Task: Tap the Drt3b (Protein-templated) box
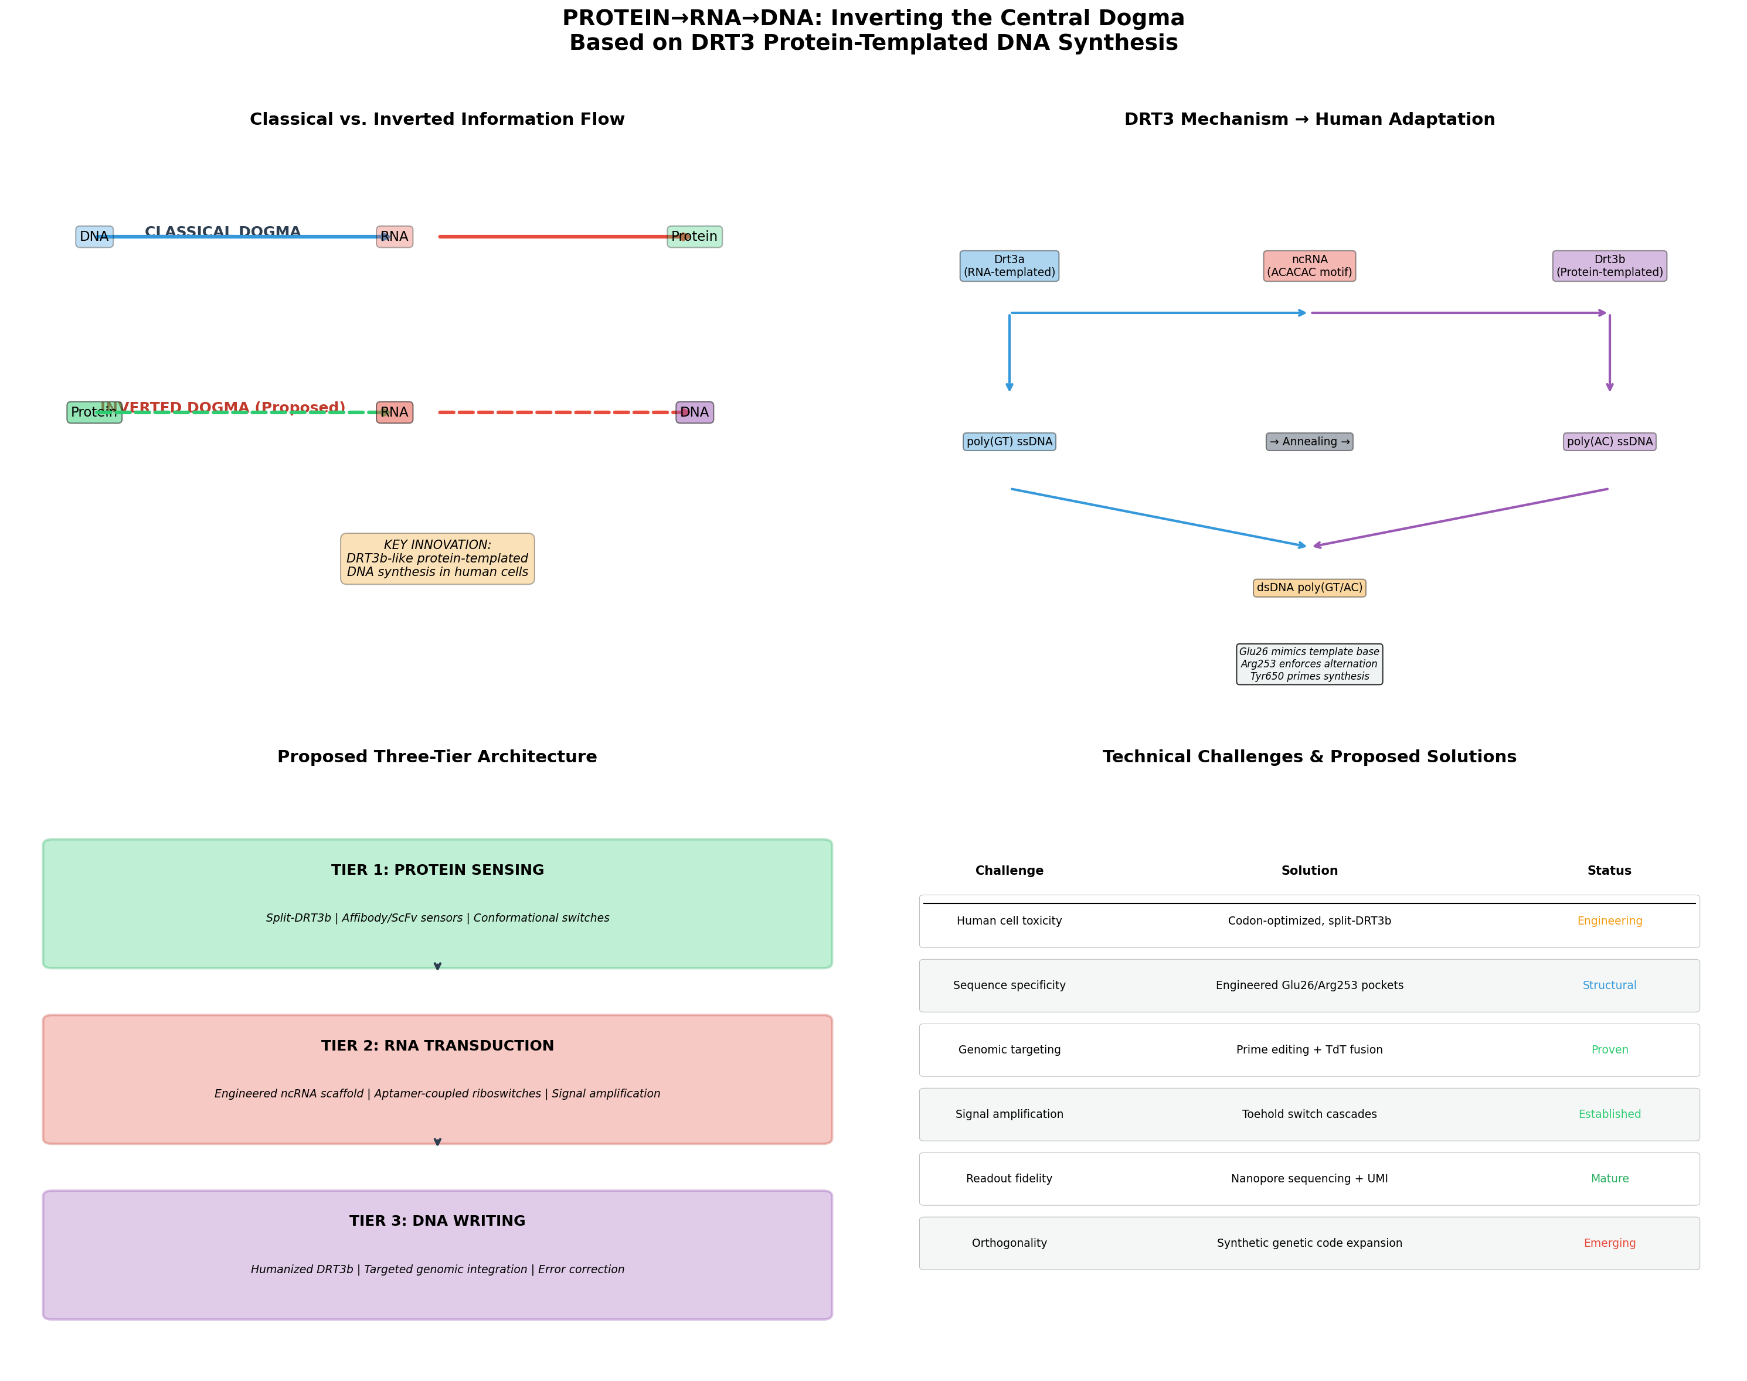(1609, 266)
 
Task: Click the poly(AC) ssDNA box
(1609, 441)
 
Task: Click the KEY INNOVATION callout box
(437, 559)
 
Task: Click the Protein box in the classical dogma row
(694, 237)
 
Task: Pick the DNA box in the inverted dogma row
(694, 412)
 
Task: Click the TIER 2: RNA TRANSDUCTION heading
(437, 1045)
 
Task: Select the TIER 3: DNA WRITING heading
(437, 1221)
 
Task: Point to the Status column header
(1609, 871)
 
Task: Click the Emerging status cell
(1609, 1243)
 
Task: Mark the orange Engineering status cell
(1609, 921)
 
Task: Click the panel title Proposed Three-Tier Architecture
(437, 757)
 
